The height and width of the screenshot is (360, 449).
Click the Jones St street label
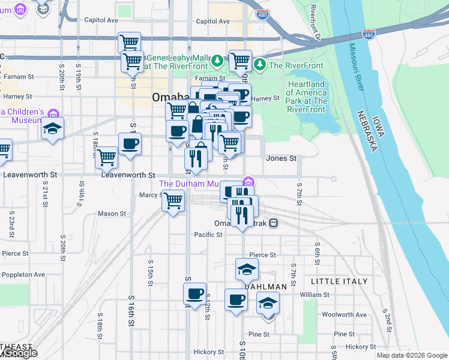[282, 158]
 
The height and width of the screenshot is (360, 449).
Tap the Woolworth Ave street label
[344, 314]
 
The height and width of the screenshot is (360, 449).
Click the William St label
[315, 295]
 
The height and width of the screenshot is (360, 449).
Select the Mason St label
[112, 214]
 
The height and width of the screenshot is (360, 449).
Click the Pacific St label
[208, 235]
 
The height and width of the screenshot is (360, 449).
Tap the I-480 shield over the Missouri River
[369, 34]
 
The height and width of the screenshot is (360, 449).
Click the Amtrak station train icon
[273, 223]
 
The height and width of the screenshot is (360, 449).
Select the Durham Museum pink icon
[249, 182]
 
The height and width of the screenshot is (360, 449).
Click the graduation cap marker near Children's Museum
[53, 129]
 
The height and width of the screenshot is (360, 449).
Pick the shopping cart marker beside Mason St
[173, 200]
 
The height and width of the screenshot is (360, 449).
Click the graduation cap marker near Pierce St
[247, 269]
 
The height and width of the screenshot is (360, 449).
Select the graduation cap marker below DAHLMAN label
[268, 304]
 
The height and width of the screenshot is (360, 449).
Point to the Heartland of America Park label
[306, 93]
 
